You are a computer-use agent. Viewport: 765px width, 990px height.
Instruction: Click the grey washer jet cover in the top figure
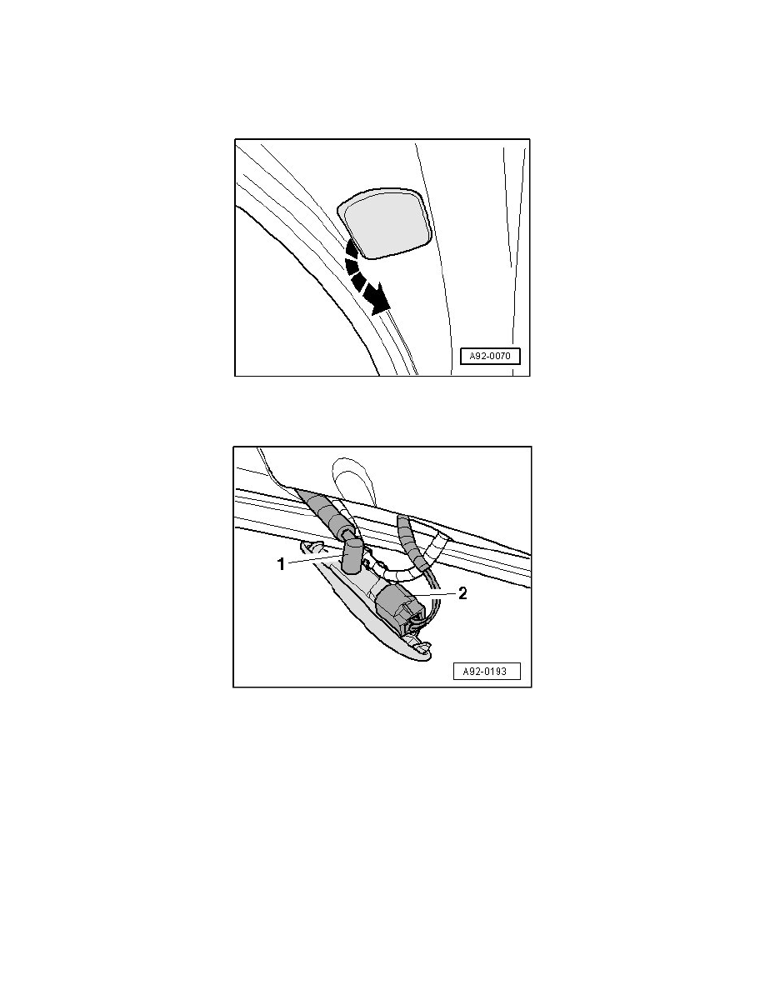(385, 222)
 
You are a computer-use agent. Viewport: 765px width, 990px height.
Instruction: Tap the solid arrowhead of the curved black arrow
(378, 300)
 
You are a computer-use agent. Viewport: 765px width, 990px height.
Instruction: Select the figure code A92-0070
(490, 356)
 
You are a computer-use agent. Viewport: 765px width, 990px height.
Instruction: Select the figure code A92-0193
(487, 671)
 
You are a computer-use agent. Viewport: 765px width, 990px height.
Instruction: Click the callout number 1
(282, 564)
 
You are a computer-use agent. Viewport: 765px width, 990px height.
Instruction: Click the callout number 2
(462, 593)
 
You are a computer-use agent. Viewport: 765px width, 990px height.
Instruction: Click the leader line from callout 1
(312, 558)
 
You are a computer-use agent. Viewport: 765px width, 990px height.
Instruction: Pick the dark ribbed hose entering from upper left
(324, 512)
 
